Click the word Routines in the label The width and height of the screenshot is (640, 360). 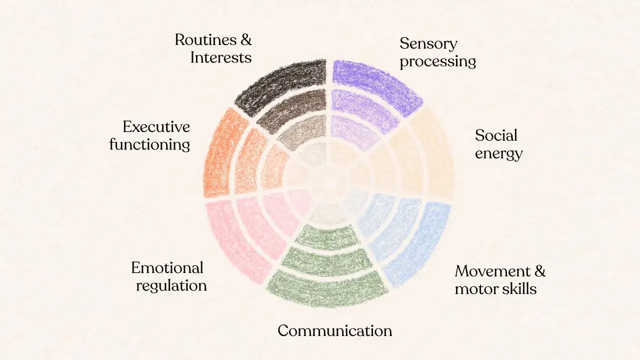[205, 39]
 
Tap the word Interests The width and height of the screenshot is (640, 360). [221, 57]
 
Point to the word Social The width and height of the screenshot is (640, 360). [496, 135]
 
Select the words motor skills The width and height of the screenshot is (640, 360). [495, 288]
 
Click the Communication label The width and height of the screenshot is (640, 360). [335, 331]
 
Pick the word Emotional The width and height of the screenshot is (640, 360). [167, 267]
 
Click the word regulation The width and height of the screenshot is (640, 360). [171, 286]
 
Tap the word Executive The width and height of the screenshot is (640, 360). [156, 127]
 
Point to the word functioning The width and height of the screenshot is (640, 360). [149, 145]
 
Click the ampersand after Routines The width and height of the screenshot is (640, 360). [245, 39]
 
